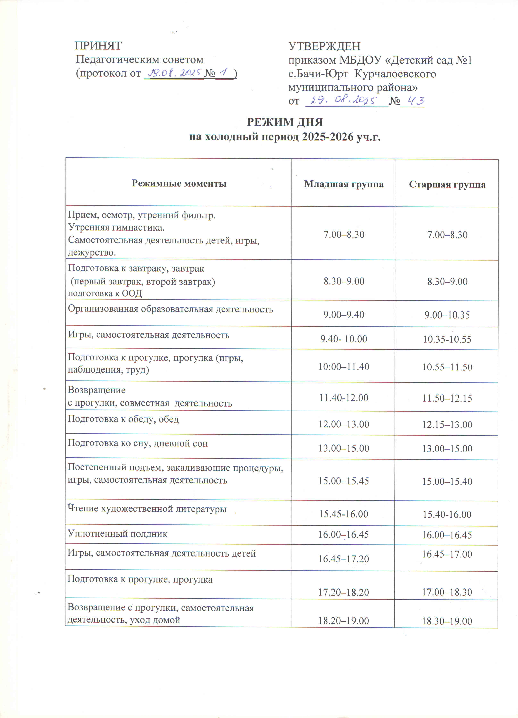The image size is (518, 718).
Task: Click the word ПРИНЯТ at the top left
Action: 98,46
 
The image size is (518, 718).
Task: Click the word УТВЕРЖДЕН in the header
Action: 324,47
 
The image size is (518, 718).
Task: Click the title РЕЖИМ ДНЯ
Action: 285,122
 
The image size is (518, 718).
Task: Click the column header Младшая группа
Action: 344,184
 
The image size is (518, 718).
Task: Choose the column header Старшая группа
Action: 447,185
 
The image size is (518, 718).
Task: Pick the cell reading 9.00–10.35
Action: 447,315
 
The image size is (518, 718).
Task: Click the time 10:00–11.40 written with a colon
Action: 344,367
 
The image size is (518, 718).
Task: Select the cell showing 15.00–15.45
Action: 344,481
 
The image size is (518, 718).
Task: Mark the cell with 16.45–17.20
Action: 344,559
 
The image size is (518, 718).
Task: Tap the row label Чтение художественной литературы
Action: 147,509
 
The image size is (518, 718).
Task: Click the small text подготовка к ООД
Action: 105,293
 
